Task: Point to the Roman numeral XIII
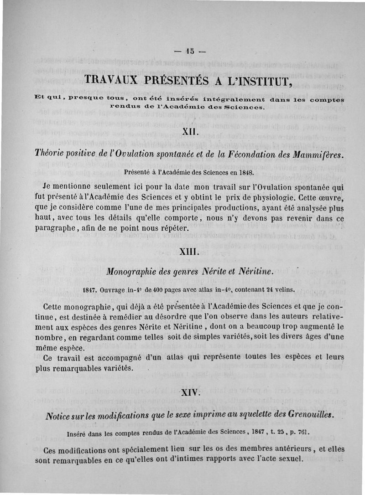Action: (x=188, y=252)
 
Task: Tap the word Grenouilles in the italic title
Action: (x=307, y=415)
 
